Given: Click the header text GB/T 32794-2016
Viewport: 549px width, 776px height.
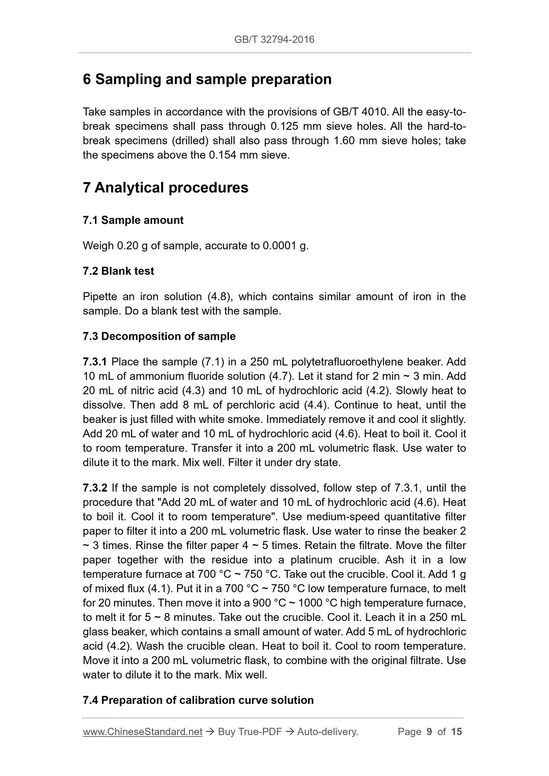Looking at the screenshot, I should (x=274, y=39).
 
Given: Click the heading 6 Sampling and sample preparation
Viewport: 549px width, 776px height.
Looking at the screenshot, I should (x=207, y=79).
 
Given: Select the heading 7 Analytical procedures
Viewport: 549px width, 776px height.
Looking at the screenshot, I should (x=166, y=188).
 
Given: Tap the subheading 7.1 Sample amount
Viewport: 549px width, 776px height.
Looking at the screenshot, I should (x=133, y=220).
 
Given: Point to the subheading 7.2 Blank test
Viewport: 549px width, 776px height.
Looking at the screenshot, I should (x=119, y=271).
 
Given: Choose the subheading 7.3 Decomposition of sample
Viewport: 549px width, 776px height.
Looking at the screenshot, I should (x=159, y=336).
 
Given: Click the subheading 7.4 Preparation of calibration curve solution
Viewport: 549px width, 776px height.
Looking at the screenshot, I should (x=198, y=700).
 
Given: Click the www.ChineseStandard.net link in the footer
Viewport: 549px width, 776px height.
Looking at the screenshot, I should (x=142, y=732).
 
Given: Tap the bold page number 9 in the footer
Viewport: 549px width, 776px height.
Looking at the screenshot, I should (x=429, y=732).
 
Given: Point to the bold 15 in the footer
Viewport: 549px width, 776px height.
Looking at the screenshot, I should (x=456, y=732).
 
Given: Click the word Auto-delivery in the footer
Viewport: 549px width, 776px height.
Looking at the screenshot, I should (x=328, y=732).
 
